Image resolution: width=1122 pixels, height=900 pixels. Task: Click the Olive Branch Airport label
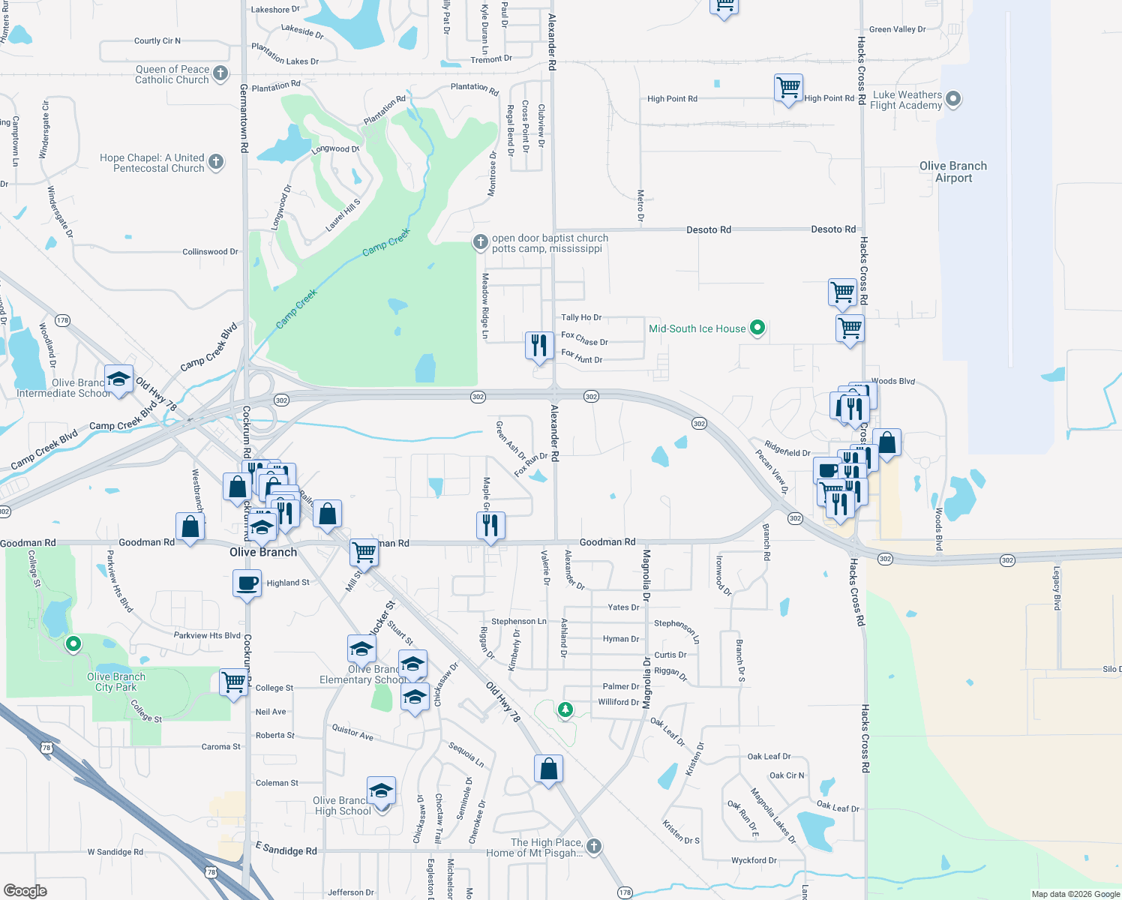click(953, 172)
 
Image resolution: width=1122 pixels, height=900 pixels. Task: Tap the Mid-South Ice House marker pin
click(757, 328)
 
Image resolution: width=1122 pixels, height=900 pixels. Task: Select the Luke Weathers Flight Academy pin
click(953, 99)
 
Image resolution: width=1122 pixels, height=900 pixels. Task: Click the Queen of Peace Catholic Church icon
click(220, 73)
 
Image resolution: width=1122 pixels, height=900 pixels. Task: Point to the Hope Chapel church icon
click(215, 162)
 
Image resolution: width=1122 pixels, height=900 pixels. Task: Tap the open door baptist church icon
click(480, 242)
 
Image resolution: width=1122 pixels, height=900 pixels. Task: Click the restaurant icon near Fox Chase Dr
click(538, 346)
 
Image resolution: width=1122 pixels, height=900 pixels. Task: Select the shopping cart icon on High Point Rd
click(788, 88)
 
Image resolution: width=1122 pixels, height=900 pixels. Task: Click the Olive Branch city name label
click(263, 552)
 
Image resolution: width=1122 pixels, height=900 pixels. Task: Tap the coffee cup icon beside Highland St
click(247, 583)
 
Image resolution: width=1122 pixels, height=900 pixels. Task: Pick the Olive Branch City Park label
click(116, 682)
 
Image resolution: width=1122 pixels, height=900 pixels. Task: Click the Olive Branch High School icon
click(381, 791)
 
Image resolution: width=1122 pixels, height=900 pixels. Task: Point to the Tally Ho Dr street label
click(581, 317)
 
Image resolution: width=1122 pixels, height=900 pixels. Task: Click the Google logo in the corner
click(25, 890)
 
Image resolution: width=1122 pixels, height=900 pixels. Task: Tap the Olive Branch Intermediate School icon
click(118, 379)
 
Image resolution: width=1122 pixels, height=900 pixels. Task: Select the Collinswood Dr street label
click(210, 252)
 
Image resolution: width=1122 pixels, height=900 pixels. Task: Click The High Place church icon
click(594, 847)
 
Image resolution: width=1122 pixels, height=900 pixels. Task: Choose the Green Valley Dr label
click(897, 29)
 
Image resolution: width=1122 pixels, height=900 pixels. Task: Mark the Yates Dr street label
click(623, 607)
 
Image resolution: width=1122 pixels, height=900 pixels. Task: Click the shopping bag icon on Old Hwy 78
click(548, 769)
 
